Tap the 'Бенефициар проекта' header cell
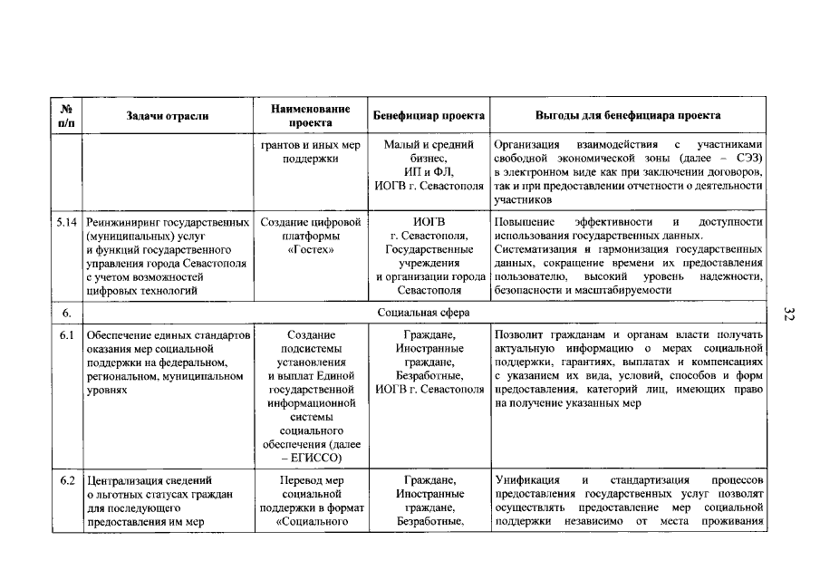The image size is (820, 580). pos(429,116)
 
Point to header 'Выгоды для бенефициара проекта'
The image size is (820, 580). pos(628,116)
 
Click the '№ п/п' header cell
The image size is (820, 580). pos(66,115)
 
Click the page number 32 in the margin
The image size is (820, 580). pos(788,314)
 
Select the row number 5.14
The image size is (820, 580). pos(67,222)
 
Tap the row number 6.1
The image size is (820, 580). pos(66,335)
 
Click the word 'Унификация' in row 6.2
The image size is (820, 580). pos(526,478)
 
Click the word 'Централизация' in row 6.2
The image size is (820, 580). pos(126,478)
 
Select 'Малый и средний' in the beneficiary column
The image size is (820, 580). pos(429,145)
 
